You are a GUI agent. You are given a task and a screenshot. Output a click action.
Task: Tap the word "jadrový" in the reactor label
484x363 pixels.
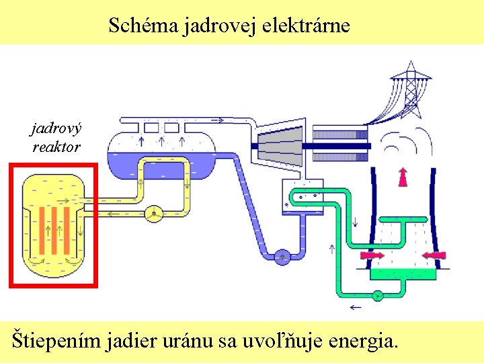pos(56,126)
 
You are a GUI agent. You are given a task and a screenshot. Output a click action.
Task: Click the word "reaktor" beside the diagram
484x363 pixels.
pos(56,146)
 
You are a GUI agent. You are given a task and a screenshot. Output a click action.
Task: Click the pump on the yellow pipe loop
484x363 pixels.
pos(154,213)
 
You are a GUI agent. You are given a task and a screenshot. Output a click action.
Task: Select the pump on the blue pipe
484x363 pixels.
pos(282,256)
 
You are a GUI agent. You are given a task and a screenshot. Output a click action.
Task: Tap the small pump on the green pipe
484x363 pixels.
pos(377,294)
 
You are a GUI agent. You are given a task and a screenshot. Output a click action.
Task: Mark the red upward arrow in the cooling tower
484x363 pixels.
pos(403,176)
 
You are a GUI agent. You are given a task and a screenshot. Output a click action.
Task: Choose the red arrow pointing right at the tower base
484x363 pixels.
pos(372,255)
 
